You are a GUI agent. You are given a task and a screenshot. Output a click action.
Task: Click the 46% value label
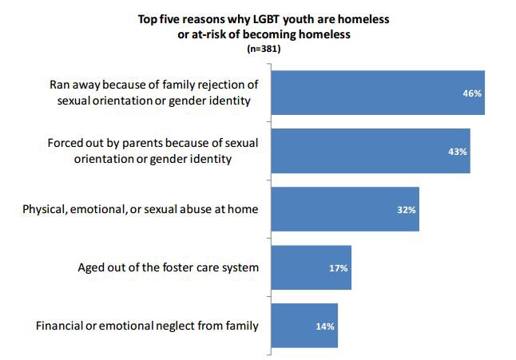pyautogui.click(x=472, y=93)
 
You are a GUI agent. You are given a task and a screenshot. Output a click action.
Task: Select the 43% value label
pyautogui.click(x=457, y=152)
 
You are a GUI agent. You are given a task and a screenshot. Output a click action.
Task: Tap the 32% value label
pyautogui.click(x=407, y=210)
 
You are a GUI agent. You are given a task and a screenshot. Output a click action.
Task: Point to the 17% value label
pyautogui.click(x=338, y=268)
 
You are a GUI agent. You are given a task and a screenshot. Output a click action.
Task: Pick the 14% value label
pyautogui.click(x=324, y=326)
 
